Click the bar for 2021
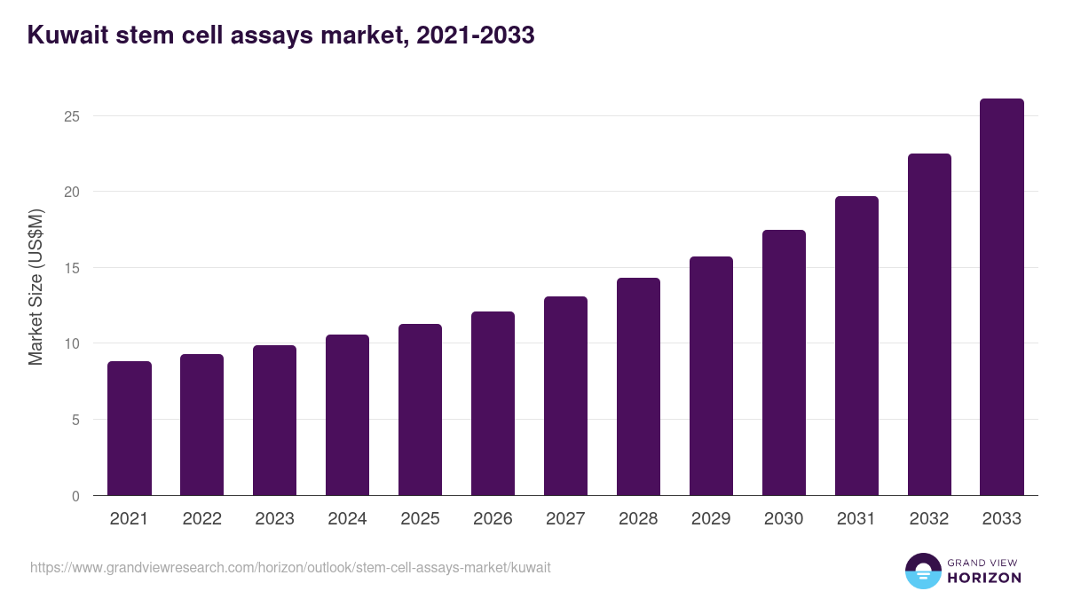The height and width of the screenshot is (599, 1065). coord(130,429)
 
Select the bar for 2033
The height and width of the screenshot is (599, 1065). coord(1002,297)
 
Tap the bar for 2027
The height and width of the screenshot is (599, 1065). coord(565,396)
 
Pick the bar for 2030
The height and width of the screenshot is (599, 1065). coord(784,363)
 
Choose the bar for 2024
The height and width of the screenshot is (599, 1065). coord(347,415)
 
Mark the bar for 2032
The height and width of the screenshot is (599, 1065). coord(929,325)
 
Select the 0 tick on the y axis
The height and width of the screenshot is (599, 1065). coord(76,496)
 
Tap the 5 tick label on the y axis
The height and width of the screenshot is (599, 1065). coord(76,420)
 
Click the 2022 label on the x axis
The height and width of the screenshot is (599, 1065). coord(201,519)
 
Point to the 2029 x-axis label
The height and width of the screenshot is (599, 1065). coord(711,519)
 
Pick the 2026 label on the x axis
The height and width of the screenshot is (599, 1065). coord(493,519)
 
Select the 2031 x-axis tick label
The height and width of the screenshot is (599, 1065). coord(856,519)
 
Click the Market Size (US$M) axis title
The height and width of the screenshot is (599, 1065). coord(35,287)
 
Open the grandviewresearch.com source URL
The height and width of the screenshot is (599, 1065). coord(290,567)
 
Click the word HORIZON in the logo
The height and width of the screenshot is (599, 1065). coord(984,578)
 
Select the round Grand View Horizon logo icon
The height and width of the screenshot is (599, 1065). coord(922,571)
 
